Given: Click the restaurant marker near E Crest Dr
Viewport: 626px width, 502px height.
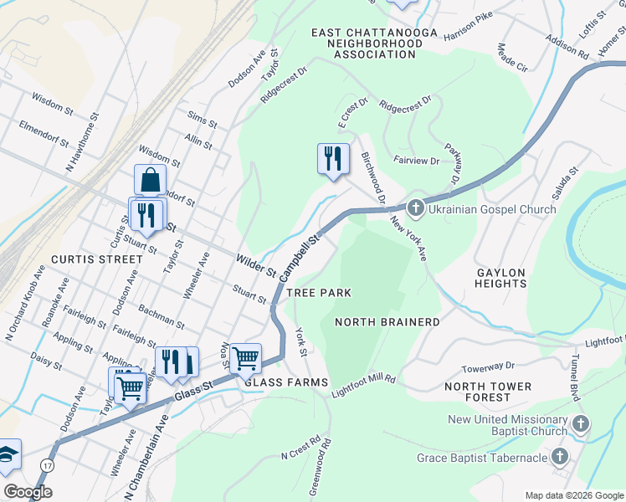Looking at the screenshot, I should (333, 157).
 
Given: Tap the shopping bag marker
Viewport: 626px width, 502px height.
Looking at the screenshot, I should (150, 179).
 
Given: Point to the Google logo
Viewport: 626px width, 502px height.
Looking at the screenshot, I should (28, 492).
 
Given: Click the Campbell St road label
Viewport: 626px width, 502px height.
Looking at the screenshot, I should (300, 258).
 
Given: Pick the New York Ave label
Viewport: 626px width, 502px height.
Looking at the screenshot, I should (410, 238).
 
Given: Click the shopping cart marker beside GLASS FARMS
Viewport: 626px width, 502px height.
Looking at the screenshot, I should (245, 358).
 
